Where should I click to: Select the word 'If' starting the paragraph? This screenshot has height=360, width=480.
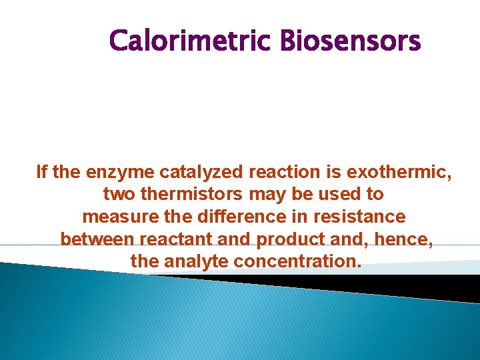click(41, 173)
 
